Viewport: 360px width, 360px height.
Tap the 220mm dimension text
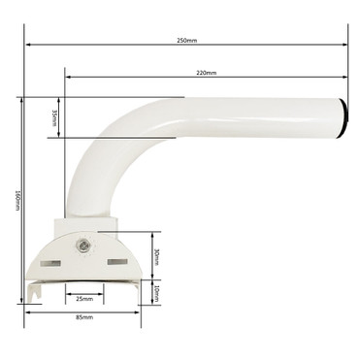tap(206, 73)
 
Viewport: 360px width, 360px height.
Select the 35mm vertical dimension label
tap(53, 116)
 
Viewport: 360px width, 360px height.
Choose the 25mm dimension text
tap(84, 299)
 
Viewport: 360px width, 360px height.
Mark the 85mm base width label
tap(84, 316)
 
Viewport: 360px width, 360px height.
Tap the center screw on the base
tap(84, 246)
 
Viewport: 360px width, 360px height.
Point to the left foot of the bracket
tap(34, 290)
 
